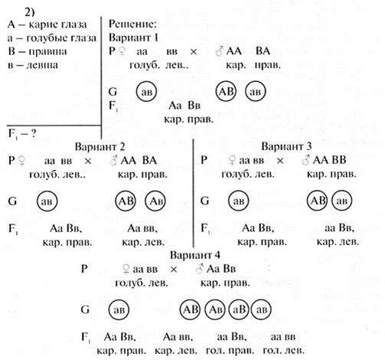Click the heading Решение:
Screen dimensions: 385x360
coord(132,24)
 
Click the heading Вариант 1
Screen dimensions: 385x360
coord(133,38)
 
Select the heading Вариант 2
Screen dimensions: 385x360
coord(100,146)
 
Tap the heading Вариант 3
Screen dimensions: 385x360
coord(286,146)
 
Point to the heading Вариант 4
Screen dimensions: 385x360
coord(195,255)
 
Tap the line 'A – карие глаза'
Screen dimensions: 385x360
coord(47,25)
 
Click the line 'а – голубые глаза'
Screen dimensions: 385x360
coord(52,38)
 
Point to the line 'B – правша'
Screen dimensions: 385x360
coord(38,51)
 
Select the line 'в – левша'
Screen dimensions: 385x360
coord(33,65)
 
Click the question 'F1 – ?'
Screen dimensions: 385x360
coord(22,134)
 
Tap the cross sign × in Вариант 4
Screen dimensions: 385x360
coord(174,269)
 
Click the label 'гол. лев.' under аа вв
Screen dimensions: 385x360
coord(283,350)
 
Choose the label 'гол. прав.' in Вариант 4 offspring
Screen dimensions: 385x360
coord(230,350)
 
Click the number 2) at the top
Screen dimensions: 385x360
coord(29,11)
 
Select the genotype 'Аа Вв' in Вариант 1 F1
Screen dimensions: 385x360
coord(184,105)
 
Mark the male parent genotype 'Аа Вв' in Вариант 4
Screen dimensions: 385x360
coord(221,269)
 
